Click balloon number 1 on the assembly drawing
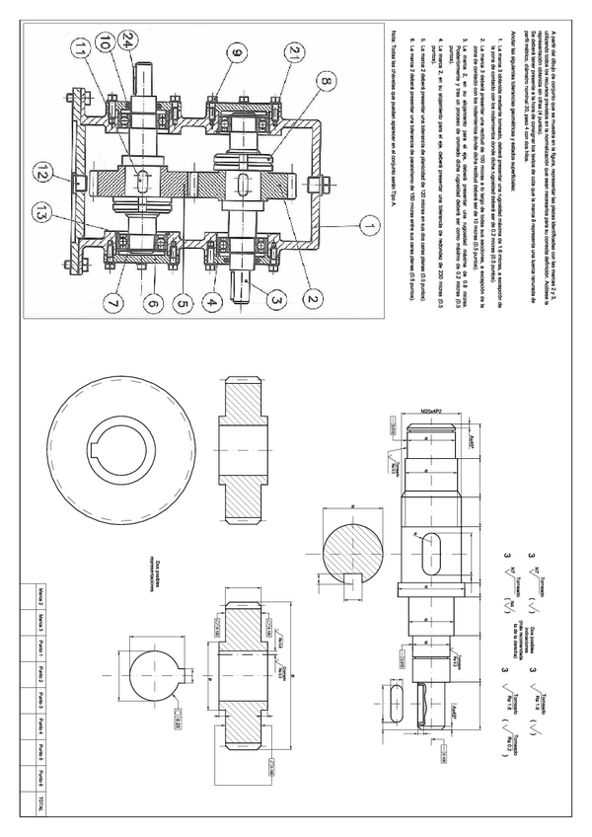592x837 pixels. pos(367,226)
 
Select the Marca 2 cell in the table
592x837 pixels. pos(39,594)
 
